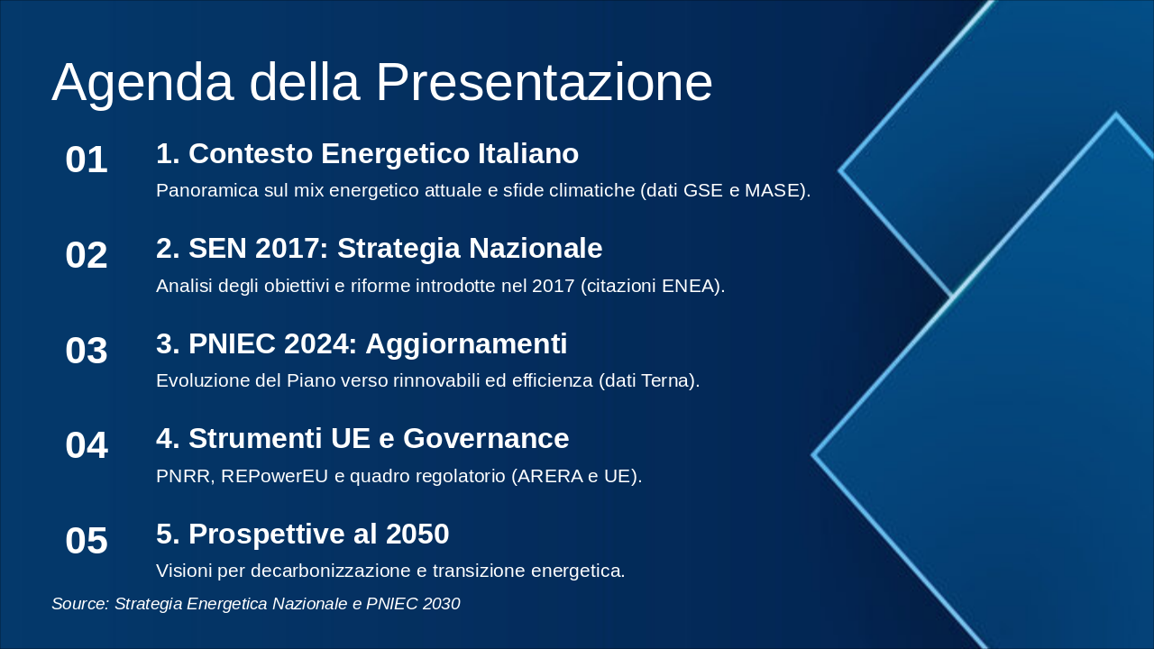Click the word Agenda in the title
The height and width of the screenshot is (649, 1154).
tap(142, 84)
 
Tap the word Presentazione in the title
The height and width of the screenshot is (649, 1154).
tap(544, 82)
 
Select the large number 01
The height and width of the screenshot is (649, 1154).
tap(87, 160)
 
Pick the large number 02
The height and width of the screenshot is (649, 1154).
tap(87, 255)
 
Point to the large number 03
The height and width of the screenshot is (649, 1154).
tap(87, 351)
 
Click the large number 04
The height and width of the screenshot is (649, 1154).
tap(87, 445)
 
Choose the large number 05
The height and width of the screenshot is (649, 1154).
tap(87, 540)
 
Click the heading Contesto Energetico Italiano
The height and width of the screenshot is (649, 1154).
tap(383, 153)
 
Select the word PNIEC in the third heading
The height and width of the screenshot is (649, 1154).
tap(232, 343)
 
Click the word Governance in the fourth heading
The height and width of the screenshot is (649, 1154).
tap(486, 438)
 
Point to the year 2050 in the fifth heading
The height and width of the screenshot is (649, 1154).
tap(417, 534)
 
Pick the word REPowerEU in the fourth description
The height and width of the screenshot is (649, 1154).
tap(275, 476)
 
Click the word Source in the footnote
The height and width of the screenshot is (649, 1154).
tap(80, 604)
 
